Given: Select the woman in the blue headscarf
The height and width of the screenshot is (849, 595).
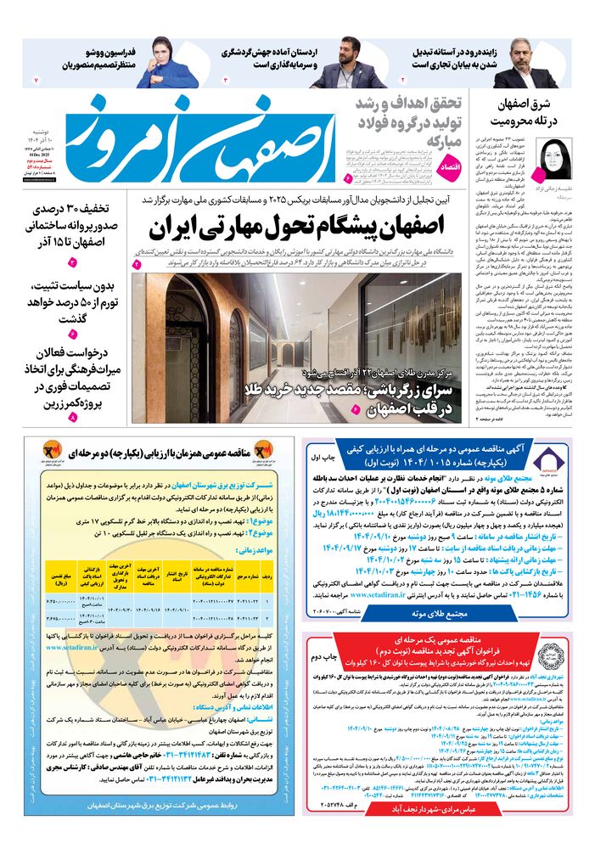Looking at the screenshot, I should point(161,59).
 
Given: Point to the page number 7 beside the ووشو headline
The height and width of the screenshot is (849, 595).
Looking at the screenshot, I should point(36,79).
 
